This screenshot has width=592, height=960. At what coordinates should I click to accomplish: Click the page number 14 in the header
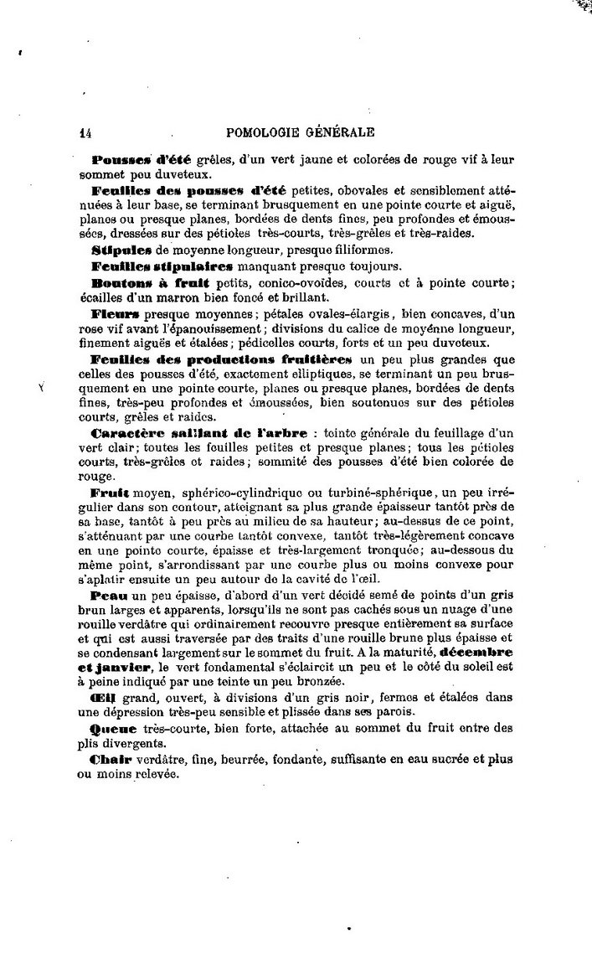tap(85, 132)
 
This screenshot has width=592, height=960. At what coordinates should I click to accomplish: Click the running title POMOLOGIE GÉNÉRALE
tap(300, 132)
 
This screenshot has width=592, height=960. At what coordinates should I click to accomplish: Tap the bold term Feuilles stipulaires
tap(162, 266)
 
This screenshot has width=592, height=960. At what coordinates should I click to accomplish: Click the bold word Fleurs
tap(116, 313)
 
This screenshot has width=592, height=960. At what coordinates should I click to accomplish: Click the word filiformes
tap(345, 250)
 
